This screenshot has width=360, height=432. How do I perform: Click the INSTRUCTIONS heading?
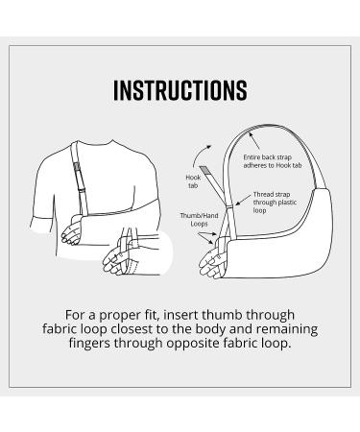pyautogui.click(x=180, y=91)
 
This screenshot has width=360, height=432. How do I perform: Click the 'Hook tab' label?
pyautogui.click(x=192, y=180)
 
